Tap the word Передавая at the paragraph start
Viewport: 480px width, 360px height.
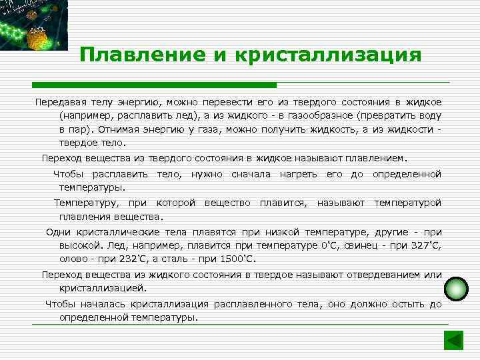click(x=61, y=102)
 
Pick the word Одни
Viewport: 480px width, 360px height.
click(x=60, y=232)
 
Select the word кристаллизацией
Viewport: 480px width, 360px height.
click(x=103, y=289)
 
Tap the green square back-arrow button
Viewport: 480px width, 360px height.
click(x=453, y=341)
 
